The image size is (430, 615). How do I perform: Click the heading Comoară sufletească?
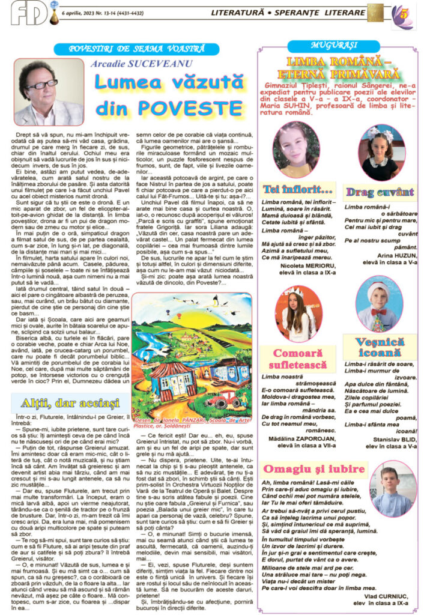(x=304, y=359)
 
